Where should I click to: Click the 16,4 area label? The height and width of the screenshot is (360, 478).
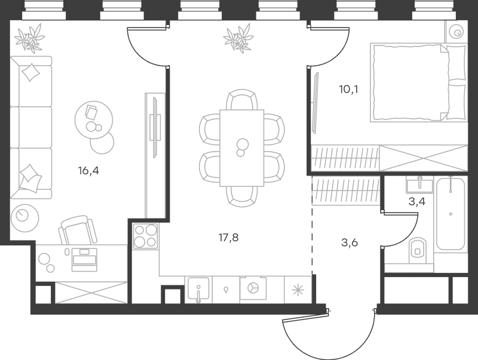point(88,171)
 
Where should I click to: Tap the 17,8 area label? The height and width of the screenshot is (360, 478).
point(229,238)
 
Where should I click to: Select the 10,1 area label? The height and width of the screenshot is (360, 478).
point(348,90)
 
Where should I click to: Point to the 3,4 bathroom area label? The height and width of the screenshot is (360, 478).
point(416,202)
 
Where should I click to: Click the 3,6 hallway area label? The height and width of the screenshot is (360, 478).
point(350,243)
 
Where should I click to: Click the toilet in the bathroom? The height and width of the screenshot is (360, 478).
point(417,250)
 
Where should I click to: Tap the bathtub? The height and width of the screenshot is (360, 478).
point(451,214)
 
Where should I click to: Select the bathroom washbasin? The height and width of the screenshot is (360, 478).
point(419,186)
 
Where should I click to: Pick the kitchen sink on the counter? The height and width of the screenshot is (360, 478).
point(198,288)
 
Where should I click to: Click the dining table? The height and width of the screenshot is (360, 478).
point(242,148)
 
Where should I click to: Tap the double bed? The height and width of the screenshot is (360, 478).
point(419,82)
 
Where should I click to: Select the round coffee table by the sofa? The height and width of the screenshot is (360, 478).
point(94,121)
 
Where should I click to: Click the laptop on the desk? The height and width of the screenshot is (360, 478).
point(84,260)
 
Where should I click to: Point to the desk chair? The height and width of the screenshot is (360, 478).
point(78,230)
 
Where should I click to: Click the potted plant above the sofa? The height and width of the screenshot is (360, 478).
point(30,38)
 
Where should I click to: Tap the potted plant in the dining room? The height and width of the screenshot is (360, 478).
point(238,38)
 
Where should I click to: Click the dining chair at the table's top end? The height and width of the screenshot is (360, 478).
point(242,99)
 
